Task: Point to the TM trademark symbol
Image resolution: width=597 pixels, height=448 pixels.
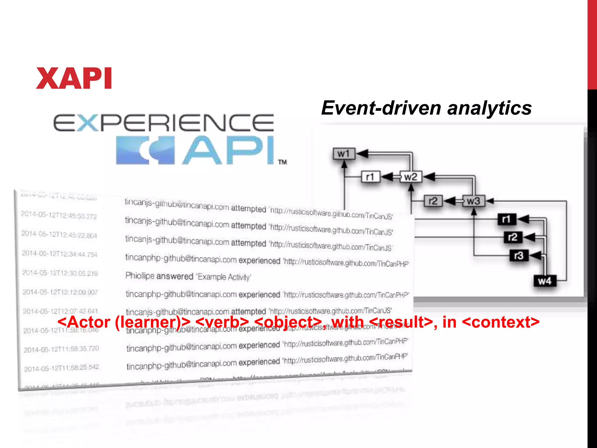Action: [x=282, y=162]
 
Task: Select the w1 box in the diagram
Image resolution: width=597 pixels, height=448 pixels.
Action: [x=344, y=153]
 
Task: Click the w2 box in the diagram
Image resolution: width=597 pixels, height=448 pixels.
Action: [x=410, y=177]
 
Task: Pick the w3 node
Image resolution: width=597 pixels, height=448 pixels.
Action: [x=473, y=201]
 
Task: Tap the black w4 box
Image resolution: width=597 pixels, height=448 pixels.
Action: [x=545, y=281]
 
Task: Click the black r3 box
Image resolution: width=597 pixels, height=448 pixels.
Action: [x=519, y=256]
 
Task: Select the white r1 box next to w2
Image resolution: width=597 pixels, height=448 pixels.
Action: [x=370, y=177]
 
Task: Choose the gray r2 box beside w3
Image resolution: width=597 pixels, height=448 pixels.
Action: [x=433, y=201]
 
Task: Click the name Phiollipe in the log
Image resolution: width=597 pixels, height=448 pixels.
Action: [x=140, y=276]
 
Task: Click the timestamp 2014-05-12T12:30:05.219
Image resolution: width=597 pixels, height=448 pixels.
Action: [x=60, y=273]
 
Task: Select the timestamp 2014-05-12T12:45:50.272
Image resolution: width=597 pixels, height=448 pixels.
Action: [x=59, y=215]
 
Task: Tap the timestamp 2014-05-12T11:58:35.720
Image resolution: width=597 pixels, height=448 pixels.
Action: [x=61, y=349]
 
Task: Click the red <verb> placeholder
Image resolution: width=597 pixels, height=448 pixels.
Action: [x=222, y=322]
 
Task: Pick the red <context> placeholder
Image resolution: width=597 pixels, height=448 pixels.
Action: [x=501, y=322]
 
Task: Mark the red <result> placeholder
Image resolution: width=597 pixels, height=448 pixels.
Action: [x=401, y=322]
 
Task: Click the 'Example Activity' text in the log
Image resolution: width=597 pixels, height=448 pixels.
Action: [x=224, y=277]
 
